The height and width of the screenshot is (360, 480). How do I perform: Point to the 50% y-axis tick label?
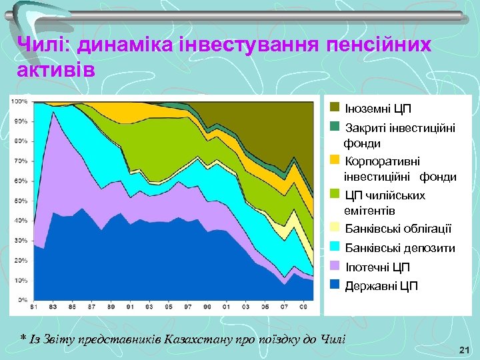click(x=20, y=201)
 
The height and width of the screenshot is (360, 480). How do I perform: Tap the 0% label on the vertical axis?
click(x=23, y=300)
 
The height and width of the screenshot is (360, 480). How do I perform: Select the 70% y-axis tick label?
click(x=20, y=161)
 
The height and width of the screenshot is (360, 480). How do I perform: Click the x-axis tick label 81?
click(x=34, y=307)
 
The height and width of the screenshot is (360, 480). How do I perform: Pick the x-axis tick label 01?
click(x=227, y=307)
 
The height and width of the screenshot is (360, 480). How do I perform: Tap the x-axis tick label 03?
click(x=246, y=307)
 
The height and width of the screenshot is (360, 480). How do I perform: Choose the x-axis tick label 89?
click(x=111, y=307)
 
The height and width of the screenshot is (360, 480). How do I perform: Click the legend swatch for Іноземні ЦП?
click(x=335, y=107)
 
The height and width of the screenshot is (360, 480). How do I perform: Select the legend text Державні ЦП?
click(x=381, y=286)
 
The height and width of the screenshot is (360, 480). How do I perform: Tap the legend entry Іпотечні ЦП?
click(x=377, y=267)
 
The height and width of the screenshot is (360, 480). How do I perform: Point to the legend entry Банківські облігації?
click(x=398, y=229)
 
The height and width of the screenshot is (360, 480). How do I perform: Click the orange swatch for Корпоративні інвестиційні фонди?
click(x=335, y=161)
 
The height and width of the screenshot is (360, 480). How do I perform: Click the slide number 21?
click(x=465, y=350)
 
